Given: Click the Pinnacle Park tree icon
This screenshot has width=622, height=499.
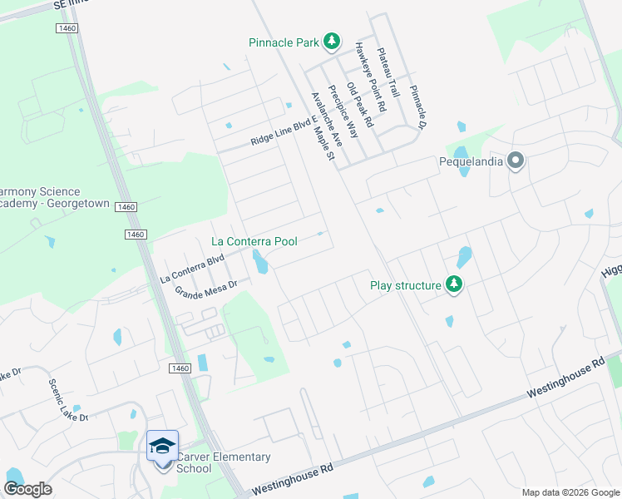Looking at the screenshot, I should click(x=332, y=41).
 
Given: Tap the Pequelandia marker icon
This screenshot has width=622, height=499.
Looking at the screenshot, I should click(x=516, y=161).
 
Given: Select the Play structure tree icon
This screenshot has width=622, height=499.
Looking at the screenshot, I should click(x=453, y=285).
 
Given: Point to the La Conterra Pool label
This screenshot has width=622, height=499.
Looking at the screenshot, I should click(x=254, y=241).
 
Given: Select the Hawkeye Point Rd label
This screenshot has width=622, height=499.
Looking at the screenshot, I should click(x=371, y=77).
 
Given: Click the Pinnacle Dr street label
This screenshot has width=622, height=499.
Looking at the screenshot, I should click(x=417, y=106).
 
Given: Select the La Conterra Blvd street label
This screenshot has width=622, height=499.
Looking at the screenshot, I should click(x=192, y=269).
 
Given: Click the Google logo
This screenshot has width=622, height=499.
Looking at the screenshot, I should click(x=28, y=489).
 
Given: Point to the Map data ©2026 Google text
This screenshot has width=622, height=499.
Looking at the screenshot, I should click(x=570, y=492).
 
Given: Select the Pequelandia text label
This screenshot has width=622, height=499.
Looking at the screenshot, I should click(x=471, y=161).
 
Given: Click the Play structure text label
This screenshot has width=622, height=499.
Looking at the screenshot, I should click(x=405, y=285).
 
